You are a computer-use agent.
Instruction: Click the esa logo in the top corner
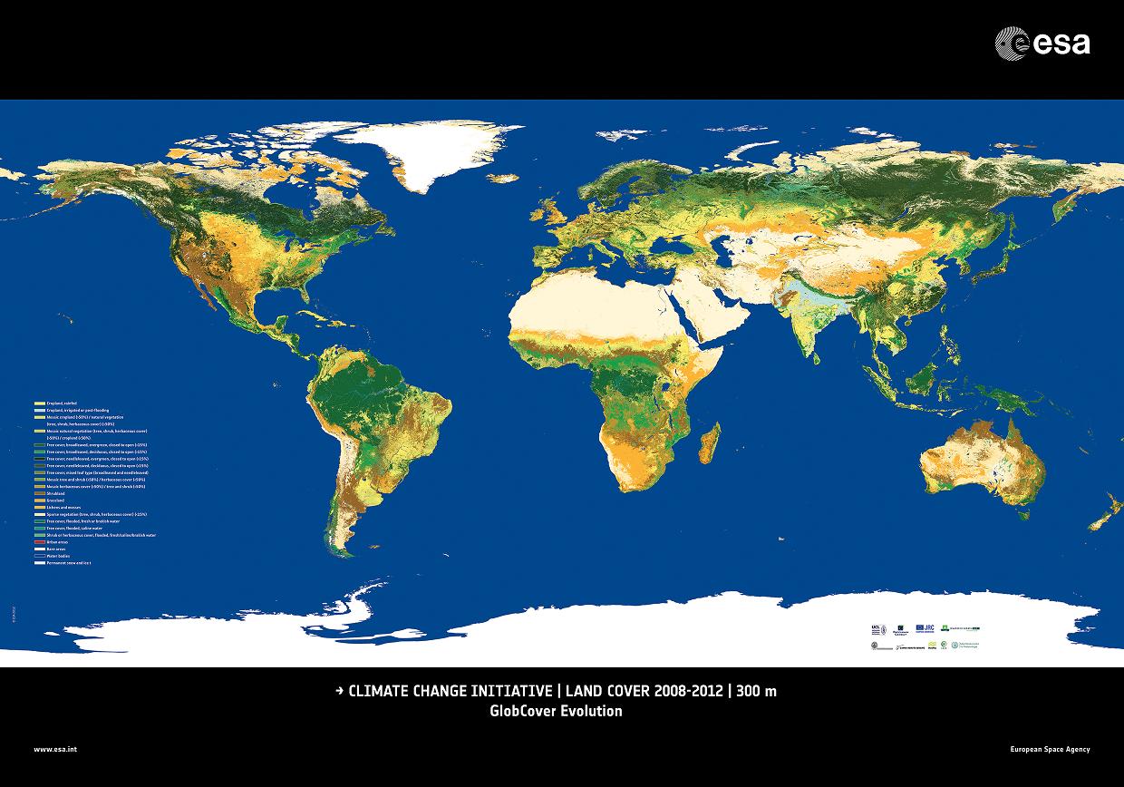click(x=1042, y=43)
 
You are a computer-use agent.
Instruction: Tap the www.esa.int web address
click(x=55, y=749)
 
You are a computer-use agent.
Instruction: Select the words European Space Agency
click(x=1050, y=749)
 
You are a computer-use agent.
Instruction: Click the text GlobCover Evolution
click(x=556, y=711)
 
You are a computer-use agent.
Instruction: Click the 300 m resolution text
click(x=757, y=692)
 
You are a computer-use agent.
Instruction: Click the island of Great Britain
click(x=550, y=210)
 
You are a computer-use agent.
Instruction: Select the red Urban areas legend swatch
click(x=39, y=542)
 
